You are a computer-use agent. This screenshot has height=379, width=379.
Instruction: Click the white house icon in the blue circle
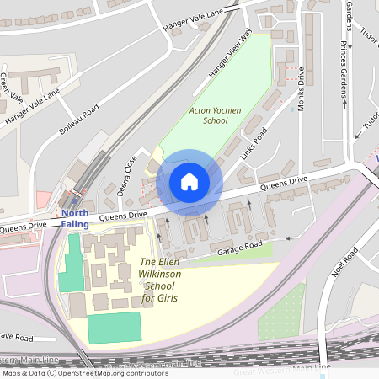point(189,182)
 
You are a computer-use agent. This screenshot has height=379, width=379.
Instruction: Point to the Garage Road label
point(238,249)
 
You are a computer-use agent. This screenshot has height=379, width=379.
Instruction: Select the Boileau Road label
point(79,120)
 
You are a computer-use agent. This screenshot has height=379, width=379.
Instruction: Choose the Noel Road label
point(345,264)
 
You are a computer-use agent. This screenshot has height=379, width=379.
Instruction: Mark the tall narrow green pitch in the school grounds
point(72,264)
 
